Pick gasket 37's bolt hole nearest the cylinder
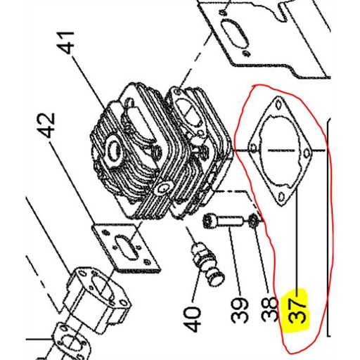(x=252, y=148)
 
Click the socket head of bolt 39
(x=211, y=222)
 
